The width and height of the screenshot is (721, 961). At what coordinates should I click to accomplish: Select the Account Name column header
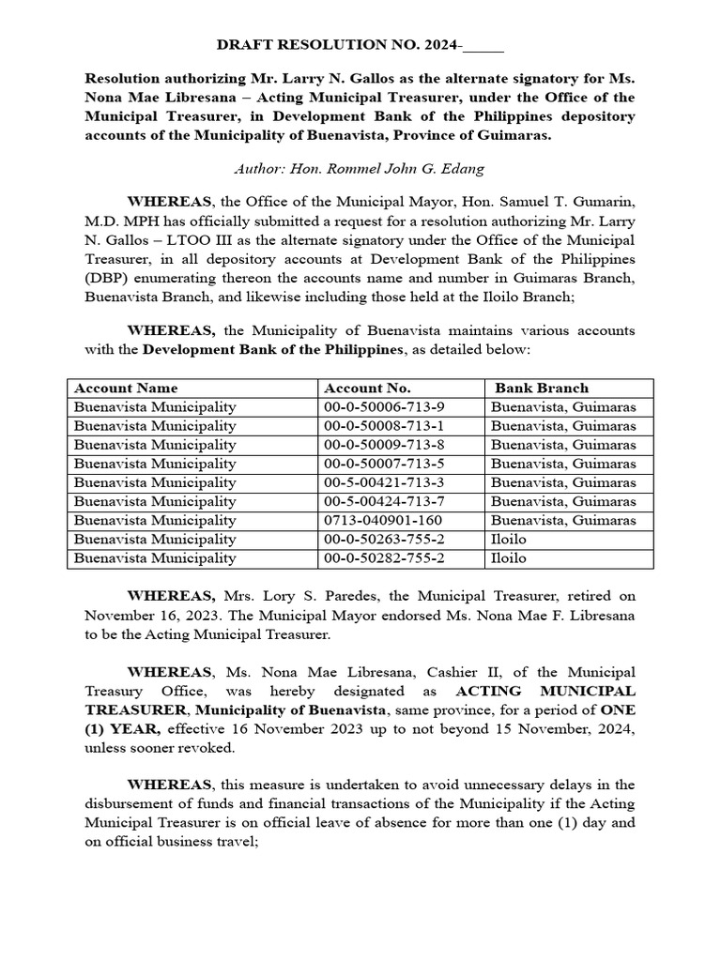[x=126, y=388]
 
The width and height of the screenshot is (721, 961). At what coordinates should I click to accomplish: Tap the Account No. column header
[x=367, y=388]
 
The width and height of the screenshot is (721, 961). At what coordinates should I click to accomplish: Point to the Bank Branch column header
[x=542, y=388]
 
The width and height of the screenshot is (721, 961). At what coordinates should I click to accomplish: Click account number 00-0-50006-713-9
[x=384, y=407]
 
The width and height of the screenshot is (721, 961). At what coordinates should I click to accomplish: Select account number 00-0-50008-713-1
[x=384, y=426]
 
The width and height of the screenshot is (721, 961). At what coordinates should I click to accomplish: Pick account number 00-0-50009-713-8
[x=384, y=445]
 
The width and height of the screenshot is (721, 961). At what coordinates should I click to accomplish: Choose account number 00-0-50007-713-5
[x=384, y=464]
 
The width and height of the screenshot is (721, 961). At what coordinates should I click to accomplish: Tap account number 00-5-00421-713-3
[x=384, y=482]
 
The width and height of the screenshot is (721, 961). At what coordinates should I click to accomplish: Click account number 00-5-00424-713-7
[x=384, y=501]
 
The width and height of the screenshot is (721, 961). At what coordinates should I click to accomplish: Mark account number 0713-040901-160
[x=376, y=520]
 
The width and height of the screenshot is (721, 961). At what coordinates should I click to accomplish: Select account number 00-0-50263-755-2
[x=384, y=540]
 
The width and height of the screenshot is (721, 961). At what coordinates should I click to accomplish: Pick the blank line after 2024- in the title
[x=483, y=46]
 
